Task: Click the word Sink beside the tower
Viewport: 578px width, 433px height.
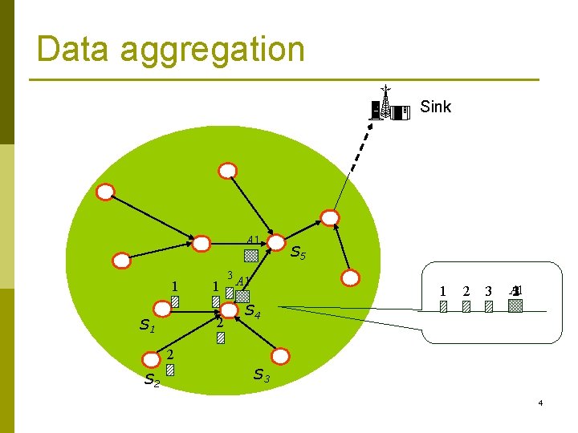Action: coord(436,107)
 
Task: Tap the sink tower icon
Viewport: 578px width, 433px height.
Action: coord(387,105)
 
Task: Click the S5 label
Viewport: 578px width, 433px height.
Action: coord(297,253)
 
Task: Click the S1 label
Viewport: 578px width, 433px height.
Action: coord(147,325)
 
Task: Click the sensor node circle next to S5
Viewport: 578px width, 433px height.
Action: coord(277,242)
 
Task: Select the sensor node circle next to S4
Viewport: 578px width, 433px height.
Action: coord(230,310)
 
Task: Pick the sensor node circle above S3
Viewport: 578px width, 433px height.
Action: coord(280,354)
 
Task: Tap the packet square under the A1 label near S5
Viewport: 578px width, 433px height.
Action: coord(251,256)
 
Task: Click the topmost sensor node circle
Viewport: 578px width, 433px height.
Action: coord(228,170)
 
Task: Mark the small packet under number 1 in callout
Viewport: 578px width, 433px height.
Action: coord(443,306)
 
